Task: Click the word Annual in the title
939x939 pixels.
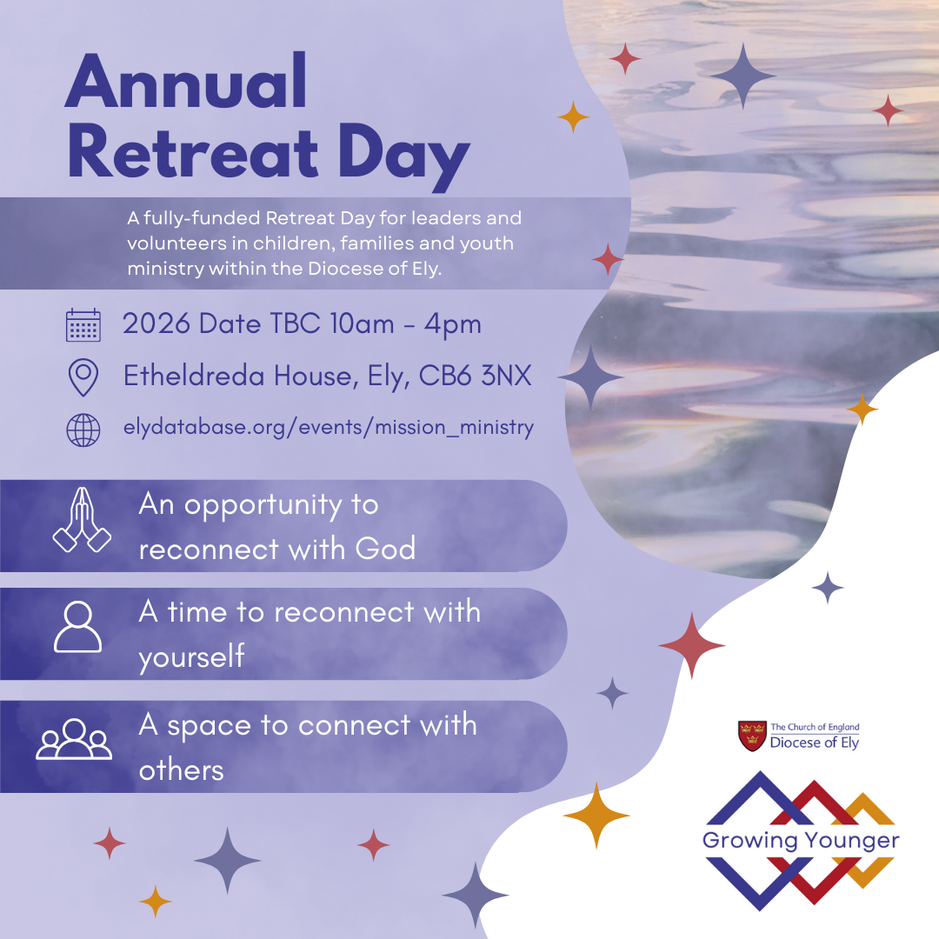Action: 186,81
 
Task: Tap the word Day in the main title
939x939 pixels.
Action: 403,156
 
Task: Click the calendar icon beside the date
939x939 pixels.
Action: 83,325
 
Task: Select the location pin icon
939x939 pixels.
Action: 83,377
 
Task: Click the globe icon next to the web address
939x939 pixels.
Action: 83,430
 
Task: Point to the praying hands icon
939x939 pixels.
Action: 82,520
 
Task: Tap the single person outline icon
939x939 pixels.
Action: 78,626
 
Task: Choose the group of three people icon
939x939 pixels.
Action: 74,739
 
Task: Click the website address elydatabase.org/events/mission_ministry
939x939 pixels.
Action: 328,428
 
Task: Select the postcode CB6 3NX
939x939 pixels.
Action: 475,376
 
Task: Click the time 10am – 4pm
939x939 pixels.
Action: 405,324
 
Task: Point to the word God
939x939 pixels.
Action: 385,549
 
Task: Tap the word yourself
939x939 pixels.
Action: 191,657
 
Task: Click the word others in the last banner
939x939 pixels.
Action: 182,770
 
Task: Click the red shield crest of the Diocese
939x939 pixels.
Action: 752,736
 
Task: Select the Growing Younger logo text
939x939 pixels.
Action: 801,841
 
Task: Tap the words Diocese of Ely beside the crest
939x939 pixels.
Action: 815,743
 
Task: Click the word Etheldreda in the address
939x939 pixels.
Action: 194,376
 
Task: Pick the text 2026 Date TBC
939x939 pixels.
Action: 222,324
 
